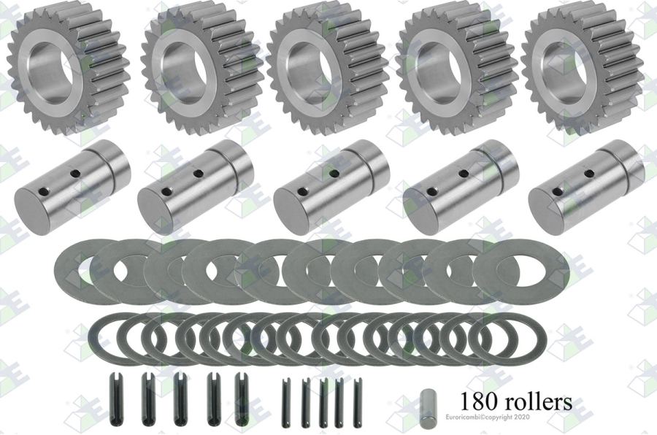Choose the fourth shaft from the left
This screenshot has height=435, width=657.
pyautogui.click(x=461, y=185)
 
